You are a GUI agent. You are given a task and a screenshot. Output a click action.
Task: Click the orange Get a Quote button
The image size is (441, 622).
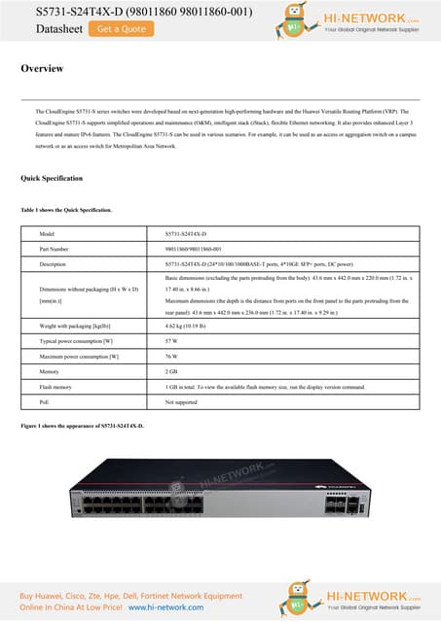[122, 29]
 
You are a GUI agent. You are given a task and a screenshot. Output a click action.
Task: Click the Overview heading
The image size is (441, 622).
[43, 69]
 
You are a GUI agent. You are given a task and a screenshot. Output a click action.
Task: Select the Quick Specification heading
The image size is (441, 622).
[52, 179]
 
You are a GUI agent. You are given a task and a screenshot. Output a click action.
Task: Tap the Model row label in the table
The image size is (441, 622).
[46, 235]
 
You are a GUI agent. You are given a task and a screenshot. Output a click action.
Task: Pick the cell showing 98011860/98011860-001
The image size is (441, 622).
[194, 249]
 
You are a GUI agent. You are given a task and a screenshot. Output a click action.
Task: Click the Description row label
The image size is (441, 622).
[53, 263]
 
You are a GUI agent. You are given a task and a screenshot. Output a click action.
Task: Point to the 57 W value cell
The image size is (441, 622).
[171, 342]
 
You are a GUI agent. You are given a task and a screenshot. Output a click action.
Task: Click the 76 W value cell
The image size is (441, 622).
[171, 357]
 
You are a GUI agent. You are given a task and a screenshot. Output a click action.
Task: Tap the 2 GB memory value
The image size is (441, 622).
[171, 371]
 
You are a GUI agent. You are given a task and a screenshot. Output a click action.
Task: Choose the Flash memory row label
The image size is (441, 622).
[56, 386]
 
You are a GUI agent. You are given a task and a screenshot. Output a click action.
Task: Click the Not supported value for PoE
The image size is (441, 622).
[181, 400]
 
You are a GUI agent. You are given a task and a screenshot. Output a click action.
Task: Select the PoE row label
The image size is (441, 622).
[44, 400]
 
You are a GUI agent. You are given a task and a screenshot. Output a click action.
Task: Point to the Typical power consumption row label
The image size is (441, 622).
[77, 342]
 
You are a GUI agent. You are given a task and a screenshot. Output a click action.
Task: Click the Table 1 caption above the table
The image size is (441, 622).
[66, 210]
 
